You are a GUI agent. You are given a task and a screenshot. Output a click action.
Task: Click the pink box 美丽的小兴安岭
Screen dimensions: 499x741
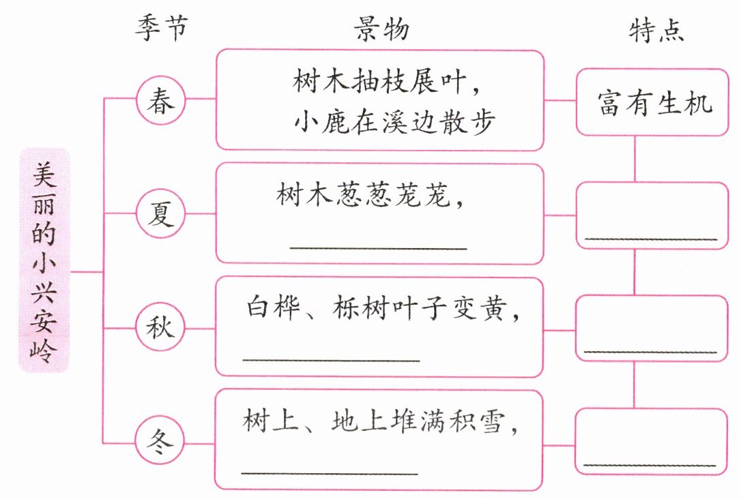pos(45,260)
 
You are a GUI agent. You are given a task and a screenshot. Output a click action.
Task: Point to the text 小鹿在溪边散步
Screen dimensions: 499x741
pos(384,122)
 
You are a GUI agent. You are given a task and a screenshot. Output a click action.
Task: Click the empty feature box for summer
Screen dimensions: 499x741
pos(652,215)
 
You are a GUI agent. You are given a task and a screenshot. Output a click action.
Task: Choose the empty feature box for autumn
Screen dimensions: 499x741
pos(652,328)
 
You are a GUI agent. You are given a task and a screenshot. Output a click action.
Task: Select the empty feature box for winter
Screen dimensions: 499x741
pos(652,441)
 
